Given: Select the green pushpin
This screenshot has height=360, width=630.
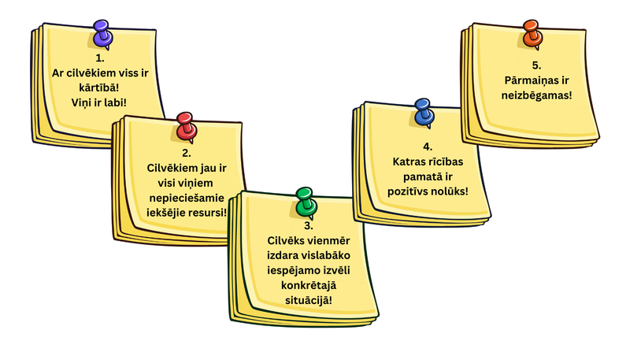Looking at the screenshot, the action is coord(305,201).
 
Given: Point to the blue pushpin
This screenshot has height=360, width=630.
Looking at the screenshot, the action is coord(424,111).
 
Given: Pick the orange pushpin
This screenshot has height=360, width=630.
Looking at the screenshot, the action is coord(532,34).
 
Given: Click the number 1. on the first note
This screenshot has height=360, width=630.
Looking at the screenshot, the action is coord(100,58).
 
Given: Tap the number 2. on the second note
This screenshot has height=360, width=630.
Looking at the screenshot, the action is coord(186,153).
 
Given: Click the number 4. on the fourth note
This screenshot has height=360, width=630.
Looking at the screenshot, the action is coord(427,147).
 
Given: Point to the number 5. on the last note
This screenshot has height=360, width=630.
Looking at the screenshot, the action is coord(537,65).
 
